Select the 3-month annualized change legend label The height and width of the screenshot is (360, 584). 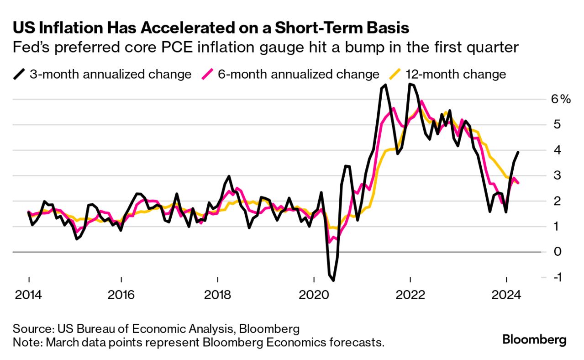coord(110,74)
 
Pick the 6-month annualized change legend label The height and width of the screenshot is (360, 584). coord(298,74)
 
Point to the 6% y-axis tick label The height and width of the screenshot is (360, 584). coord(561,99)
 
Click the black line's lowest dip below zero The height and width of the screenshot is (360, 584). coord(333,280)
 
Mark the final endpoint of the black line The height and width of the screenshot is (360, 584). coord(518,152)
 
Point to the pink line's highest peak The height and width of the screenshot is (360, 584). coord(421,101)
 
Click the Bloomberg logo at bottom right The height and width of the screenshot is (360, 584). coord(534,339)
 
